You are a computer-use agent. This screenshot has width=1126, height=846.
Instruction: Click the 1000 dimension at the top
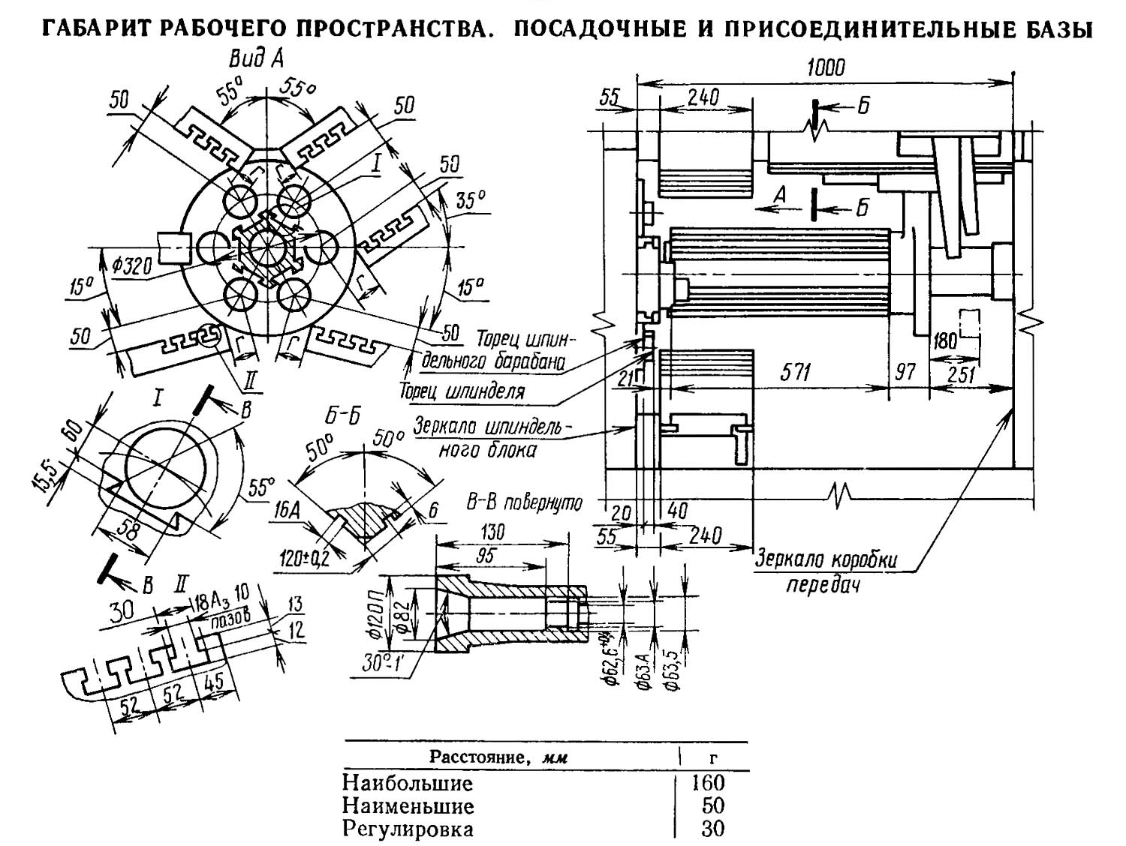tap(826, 67)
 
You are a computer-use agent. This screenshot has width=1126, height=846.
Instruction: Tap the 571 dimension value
tap(794, 373)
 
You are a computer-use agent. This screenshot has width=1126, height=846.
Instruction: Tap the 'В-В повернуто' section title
tap(524, 503)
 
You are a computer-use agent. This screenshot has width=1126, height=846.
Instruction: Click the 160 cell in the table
tap(708, 783)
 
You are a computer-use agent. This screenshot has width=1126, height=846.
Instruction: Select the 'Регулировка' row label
tap(408, 829)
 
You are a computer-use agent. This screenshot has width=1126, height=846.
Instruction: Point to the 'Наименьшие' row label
tap(408, 806)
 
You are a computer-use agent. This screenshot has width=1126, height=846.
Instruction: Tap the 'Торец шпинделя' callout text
tap(462, 391)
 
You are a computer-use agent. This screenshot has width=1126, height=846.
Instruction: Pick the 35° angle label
tap(471, 200)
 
